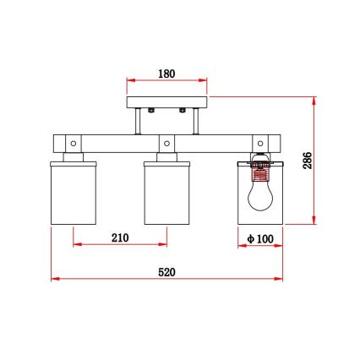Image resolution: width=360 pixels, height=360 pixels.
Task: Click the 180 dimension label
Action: pos(166,74)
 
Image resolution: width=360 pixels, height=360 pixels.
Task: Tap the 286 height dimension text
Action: pos(308,161)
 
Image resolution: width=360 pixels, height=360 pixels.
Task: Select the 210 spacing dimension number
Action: pos(119,238)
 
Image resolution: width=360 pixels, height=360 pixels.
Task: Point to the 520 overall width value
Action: pos(167,271)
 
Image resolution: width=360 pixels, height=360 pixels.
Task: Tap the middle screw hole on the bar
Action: pos(166,140)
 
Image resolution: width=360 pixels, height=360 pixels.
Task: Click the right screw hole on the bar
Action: pos(260,140)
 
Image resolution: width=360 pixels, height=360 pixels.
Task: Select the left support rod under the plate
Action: pos(140,122)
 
